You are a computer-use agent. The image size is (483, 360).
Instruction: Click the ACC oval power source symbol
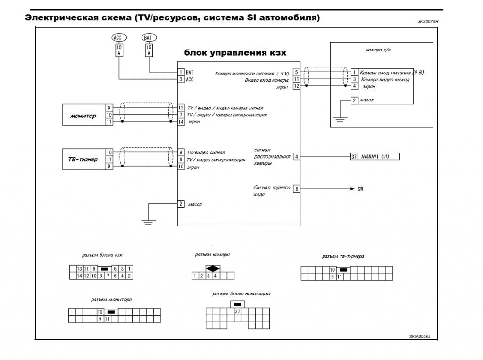coord(119,38)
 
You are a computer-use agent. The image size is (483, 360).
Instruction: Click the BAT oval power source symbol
coord(149,38)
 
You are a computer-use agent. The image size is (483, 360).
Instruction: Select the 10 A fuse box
coord(119,50)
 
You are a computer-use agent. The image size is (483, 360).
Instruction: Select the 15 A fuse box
coord(149,50)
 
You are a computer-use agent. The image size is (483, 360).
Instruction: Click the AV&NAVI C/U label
coord(375,157)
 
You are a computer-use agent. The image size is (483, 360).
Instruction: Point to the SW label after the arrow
coord(360,189)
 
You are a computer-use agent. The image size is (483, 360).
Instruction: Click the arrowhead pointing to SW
coord(353,189)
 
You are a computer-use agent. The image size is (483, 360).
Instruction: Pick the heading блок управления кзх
coord(235,53)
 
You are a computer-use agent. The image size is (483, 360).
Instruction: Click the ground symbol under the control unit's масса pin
coord(148,222)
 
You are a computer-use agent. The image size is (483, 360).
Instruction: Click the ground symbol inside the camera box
coord(340,119)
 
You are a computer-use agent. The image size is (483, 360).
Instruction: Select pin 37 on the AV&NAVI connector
coord(354,157)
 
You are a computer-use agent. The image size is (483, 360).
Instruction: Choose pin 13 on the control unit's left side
coord(181,108)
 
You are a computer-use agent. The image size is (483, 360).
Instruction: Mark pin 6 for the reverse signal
coord(297,189)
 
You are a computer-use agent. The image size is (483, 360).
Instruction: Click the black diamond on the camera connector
coord(213,268)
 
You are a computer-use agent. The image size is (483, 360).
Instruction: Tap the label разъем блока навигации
coord(241,294)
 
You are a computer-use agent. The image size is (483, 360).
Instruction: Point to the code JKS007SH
coord(428,22)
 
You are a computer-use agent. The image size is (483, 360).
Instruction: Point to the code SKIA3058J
coord(419,336)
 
